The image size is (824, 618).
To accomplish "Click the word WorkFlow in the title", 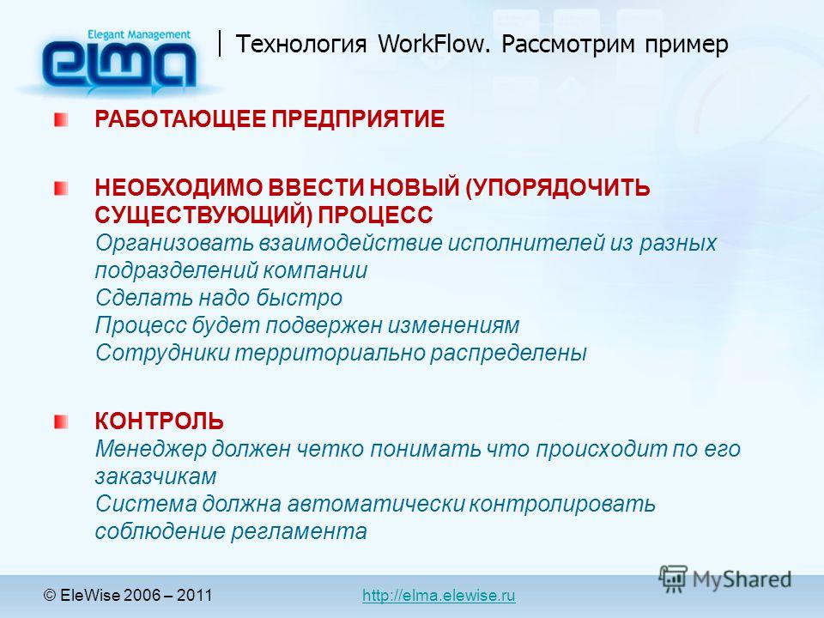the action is coord(433,44).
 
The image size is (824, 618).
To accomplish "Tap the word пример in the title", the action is coord(687,45).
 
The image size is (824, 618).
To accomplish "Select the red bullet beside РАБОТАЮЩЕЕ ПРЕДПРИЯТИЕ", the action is coord(61,119).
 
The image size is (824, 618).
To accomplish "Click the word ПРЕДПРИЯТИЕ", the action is coord(358,118).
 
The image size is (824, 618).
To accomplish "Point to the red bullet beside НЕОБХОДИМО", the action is coord(61,188).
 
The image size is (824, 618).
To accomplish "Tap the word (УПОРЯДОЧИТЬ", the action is coord(558,189).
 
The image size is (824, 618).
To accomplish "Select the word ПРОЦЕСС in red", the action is coord(375,215).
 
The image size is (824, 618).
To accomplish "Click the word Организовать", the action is coord(174,243).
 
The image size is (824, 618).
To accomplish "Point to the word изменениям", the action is coord(453,325).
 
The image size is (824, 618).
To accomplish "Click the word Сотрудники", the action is coord(163,353).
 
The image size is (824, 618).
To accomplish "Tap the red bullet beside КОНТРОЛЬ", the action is coord(61,421).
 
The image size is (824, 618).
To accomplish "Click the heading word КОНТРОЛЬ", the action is coord(160,421).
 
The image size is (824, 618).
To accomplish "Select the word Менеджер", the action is coord(151,449).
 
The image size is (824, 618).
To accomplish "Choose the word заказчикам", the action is coord(155,476).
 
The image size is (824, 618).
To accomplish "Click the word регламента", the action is coord(299,531).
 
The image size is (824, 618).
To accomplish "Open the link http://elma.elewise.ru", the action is coord(439,596).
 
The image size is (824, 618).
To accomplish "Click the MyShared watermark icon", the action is coord(673,579).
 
